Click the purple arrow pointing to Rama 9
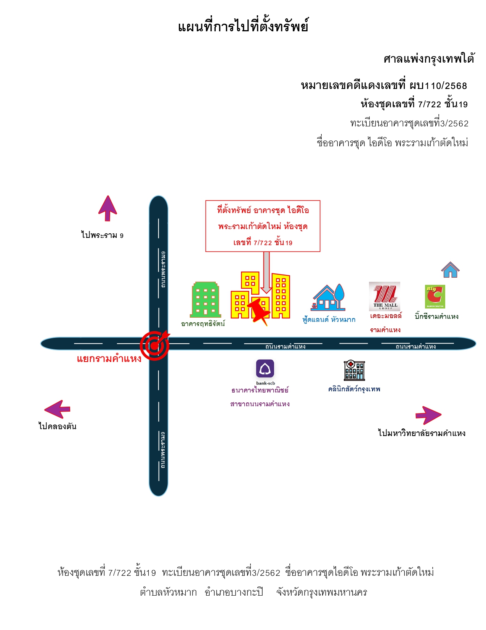107,208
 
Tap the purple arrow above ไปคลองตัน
57,409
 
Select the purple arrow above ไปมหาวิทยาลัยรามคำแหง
428,415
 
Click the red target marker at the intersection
155,345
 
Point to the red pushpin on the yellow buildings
259,312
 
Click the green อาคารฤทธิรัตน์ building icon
205,299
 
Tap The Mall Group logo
384,296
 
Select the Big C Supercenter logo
435,296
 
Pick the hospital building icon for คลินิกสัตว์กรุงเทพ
354,370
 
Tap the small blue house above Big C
450,269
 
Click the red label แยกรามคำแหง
109,359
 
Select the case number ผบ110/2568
438,86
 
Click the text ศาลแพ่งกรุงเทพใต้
429,59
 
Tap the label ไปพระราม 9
103,235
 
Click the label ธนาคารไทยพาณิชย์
260,390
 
